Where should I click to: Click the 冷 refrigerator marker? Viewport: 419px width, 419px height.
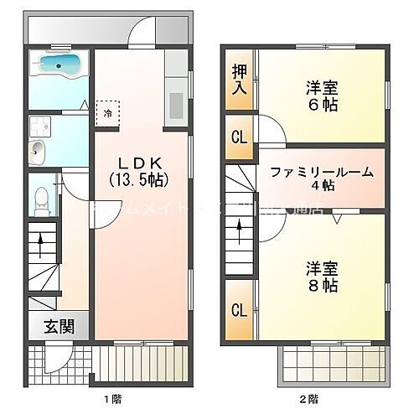[x=108, y=112]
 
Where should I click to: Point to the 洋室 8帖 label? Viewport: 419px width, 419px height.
[x=321, y=277]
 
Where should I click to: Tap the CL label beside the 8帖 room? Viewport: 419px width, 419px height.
[x=239, y=312]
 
